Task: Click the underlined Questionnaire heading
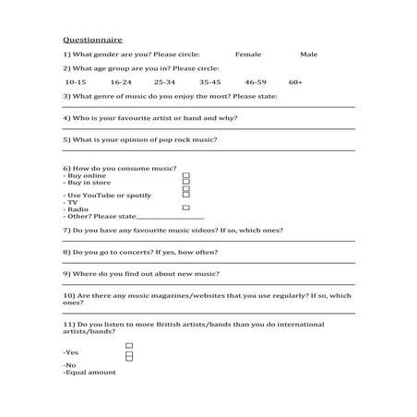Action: tap(92, 41)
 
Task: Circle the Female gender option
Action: tap(248, 54)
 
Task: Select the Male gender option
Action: tap(308, 54)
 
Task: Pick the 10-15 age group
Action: tap(76, 82)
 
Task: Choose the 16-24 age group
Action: tap(121, 82)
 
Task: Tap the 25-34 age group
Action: tap(164, 82)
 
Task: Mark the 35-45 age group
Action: tap(209, 82)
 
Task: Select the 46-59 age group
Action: tap(256, 82)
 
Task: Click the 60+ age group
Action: tap(295, 82)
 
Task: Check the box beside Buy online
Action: tap(185, 175)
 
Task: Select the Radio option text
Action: tap(77, 208)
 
